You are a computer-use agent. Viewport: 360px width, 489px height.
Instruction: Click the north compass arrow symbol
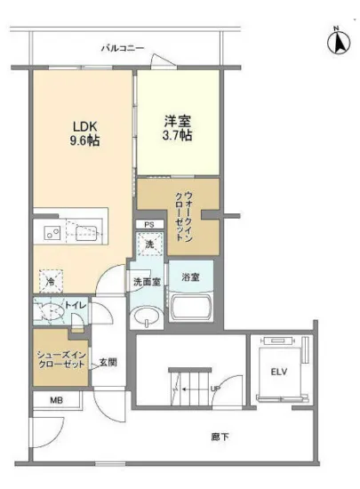[337, 41]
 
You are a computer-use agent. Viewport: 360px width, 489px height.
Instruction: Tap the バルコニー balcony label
[123, 46]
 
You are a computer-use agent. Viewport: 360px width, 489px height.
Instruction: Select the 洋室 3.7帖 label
[177, 129]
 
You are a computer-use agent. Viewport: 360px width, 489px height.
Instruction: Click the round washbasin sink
[147, 317]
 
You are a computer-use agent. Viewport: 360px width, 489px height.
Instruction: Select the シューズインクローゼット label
[60, 360]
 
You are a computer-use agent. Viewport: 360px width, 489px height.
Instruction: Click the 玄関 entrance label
[107, 361]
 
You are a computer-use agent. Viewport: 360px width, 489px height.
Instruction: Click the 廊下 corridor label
[220, 437]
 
